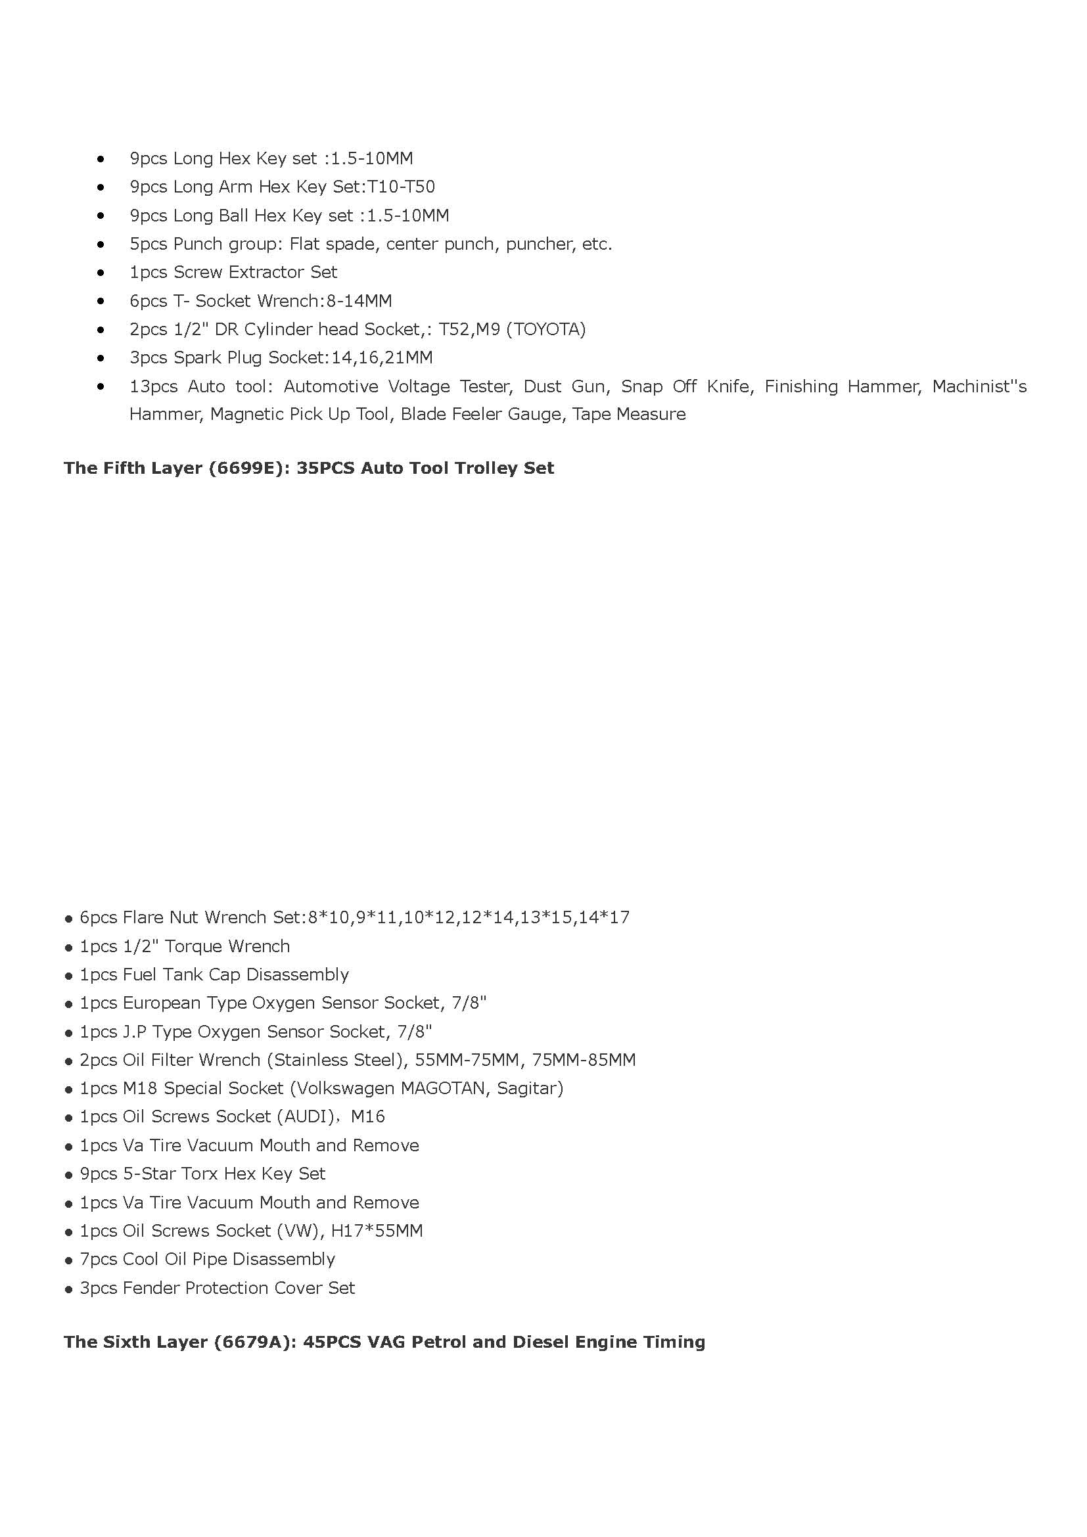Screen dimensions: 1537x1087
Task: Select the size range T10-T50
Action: pyautogui.click(x=401, y=187)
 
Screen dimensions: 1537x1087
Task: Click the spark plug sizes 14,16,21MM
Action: pyautogui.click(x=382, y=358)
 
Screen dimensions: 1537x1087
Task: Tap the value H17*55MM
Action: pyautogui.click(x=377, y=1231)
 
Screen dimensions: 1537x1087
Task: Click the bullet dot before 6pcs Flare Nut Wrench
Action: pyautogui.click(x=68, y=919)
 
